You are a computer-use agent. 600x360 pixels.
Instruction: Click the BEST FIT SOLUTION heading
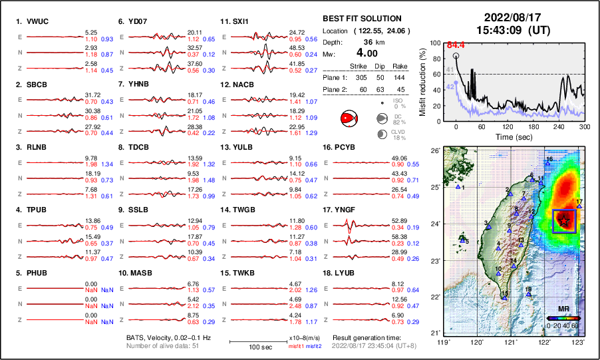[x=361, y=19]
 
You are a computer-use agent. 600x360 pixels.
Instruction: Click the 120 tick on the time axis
[x=508, y=126]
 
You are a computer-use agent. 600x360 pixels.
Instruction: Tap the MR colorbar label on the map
[x=563, y=309]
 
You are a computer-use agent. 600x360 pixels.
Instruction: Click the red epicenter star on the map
[x=565, y=220]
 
